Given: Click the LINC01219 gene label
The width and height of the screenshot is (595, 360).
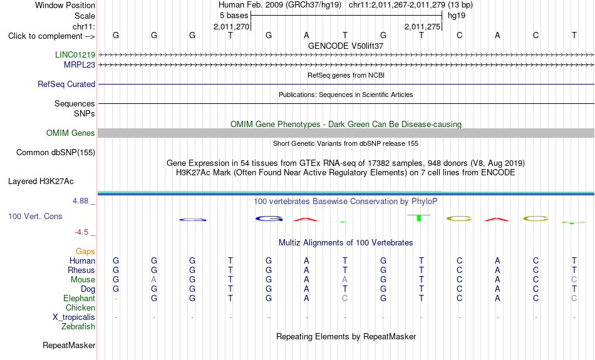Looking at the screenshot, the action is click(75, 54).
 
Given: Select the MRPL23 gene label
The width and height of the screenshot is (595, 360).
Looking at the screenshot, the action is click(80, 65).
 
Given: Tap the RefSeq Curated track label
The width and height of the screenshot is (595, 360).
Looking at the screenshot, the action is click(66, 85).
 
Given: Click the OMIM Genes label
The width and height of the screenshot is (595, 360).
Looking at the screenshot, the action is click(71, 133).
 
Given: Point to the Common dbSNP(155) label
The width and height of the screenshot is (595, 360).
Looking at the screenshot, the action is click(56, 153).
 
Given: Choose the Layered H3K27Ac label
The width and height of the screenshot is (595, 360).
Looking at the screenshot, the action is click(41, 182).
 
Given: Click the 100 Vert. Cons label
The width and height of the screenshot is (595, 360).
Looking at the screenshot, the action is click(35, 216).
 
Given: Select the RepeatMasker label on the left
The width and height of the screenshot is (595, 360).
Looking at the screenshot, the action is click(69, 345).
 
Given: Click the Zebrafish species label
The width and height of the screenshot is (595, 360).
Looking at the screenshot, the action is click(78, 327).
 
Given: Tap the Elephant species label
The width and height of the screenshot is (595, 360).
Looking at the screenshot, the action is click(79, 299).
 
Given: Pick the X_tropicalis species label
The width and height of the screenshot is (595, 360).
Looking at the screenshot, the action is click(74, 317).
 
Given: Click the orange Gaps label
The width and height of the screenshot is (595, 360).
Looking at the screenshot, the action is click(85, 252).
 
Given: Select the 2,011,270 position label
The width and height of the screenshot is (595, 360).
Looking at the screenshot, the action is click(232, 26).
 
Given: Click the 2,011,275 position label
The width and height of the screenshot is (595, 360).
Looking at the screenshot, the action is click(422, 26).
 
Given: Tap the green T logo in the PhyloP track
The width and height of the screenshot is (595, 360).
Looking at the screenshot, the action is click(419, 217).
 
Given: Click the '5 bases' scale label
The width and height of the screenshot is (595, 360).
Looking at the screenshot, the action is click(234, 16).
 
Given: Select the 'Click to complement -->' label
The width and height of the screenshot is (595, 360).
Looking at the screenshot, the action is click(51, 36).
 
